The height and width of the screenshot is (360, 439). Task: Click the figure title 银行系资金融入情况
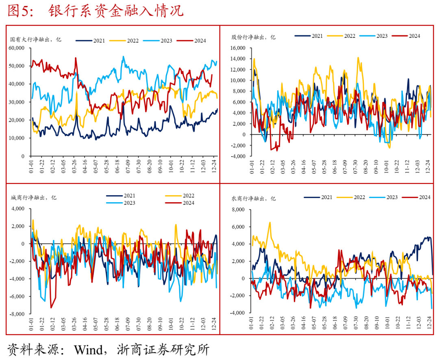(x=115, y=11)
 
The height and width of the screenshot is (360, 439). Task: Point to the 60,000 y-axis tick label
(x=17, y=48)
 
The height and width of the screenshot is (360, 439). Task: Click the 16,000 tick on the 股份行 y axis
(x=238, y=48)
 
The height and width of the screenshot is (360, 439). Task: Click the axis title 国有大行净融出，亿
(x=36, y=39)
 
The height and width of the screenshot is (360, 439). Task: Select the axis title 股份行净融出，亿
(x=253, y=37)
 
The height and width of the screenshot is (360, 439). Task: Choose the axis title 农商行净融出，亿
(x=254, y=199)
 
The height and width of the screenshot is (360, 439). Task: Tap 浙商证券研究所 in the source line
(x=163, y=349)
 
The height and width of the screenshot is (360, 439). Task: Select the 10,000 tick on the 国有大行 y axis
(x=17, y=138)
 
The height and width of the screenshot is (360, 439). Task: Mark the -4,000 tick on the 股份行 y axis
(x=238, y=156)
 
